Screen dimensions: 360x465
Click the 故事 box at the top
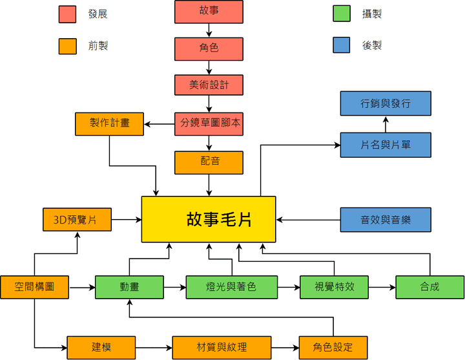tap(209, 12)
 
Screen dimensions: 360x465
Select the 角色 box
tap(209, 48)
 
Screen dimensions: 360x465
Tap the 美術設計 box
tap(209, 85)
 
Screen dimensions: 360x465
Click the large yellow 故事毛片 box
tap(209, 220)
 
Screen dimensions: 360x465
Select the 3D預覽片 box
tap(77, 220)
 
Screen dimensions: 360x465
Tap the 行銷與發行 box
tap(386, 103)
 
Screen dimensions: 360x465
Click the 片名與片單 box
tap(386, 145)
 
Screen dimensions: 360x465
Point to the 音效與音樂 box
tap(386, 220)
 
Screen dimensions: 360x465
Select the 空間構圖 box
tap(34, 287)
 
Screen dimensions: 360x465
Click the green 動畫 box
tap(129, 287)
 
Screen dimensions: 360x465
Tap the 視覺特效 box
tap(334, 287)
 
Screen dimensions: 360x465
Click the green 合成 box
tap(429, 287)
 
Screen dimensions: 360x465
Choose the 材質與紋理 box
tap(222, 348)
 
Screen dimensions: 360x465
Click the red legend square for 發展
tap(67, 14)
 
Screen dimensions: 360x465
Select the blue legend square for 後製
tap(342, 45)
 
